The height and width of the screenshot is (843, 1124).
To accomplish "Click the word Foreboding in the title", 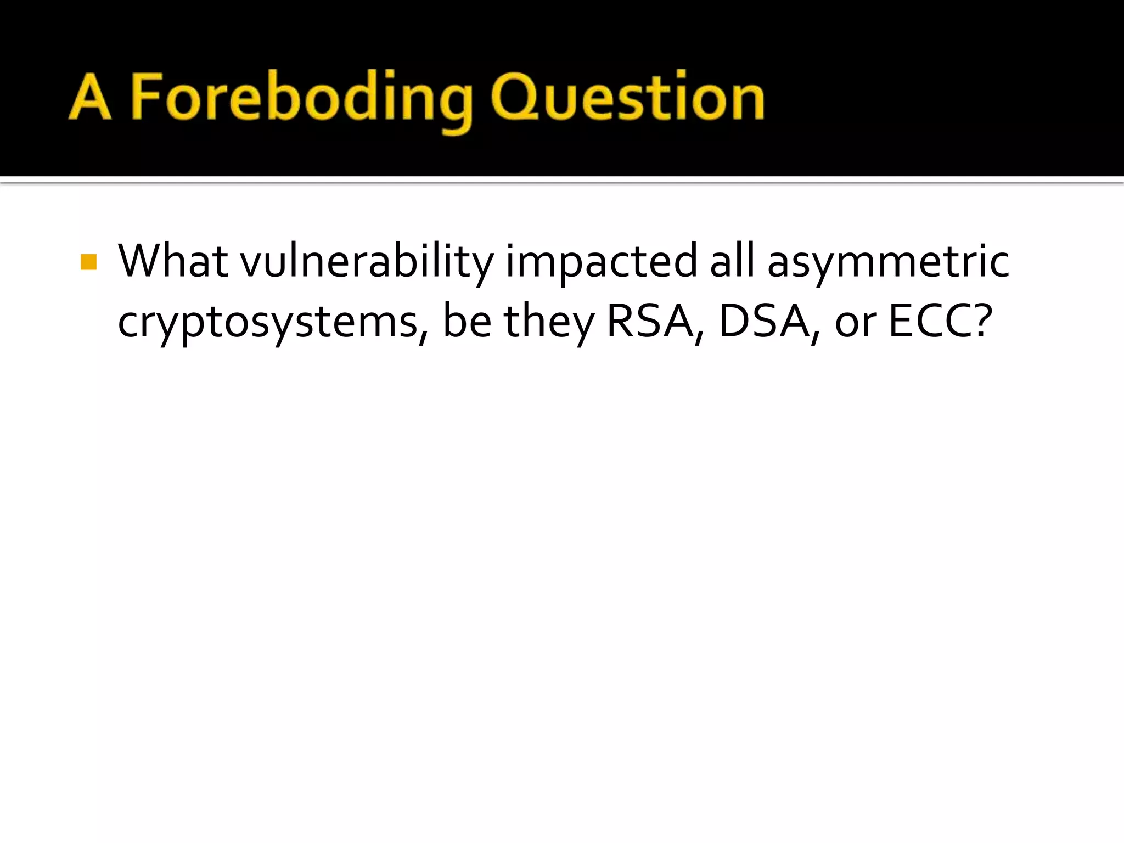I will pyautogui.click(x=301, y=99).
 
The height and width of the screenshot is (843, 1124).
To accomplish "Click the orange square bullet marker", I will pyautogui.click(x=88, y=262).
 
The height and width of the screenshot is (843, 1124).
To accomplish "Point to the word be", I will pyautogui.click(x=467, y=322).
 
